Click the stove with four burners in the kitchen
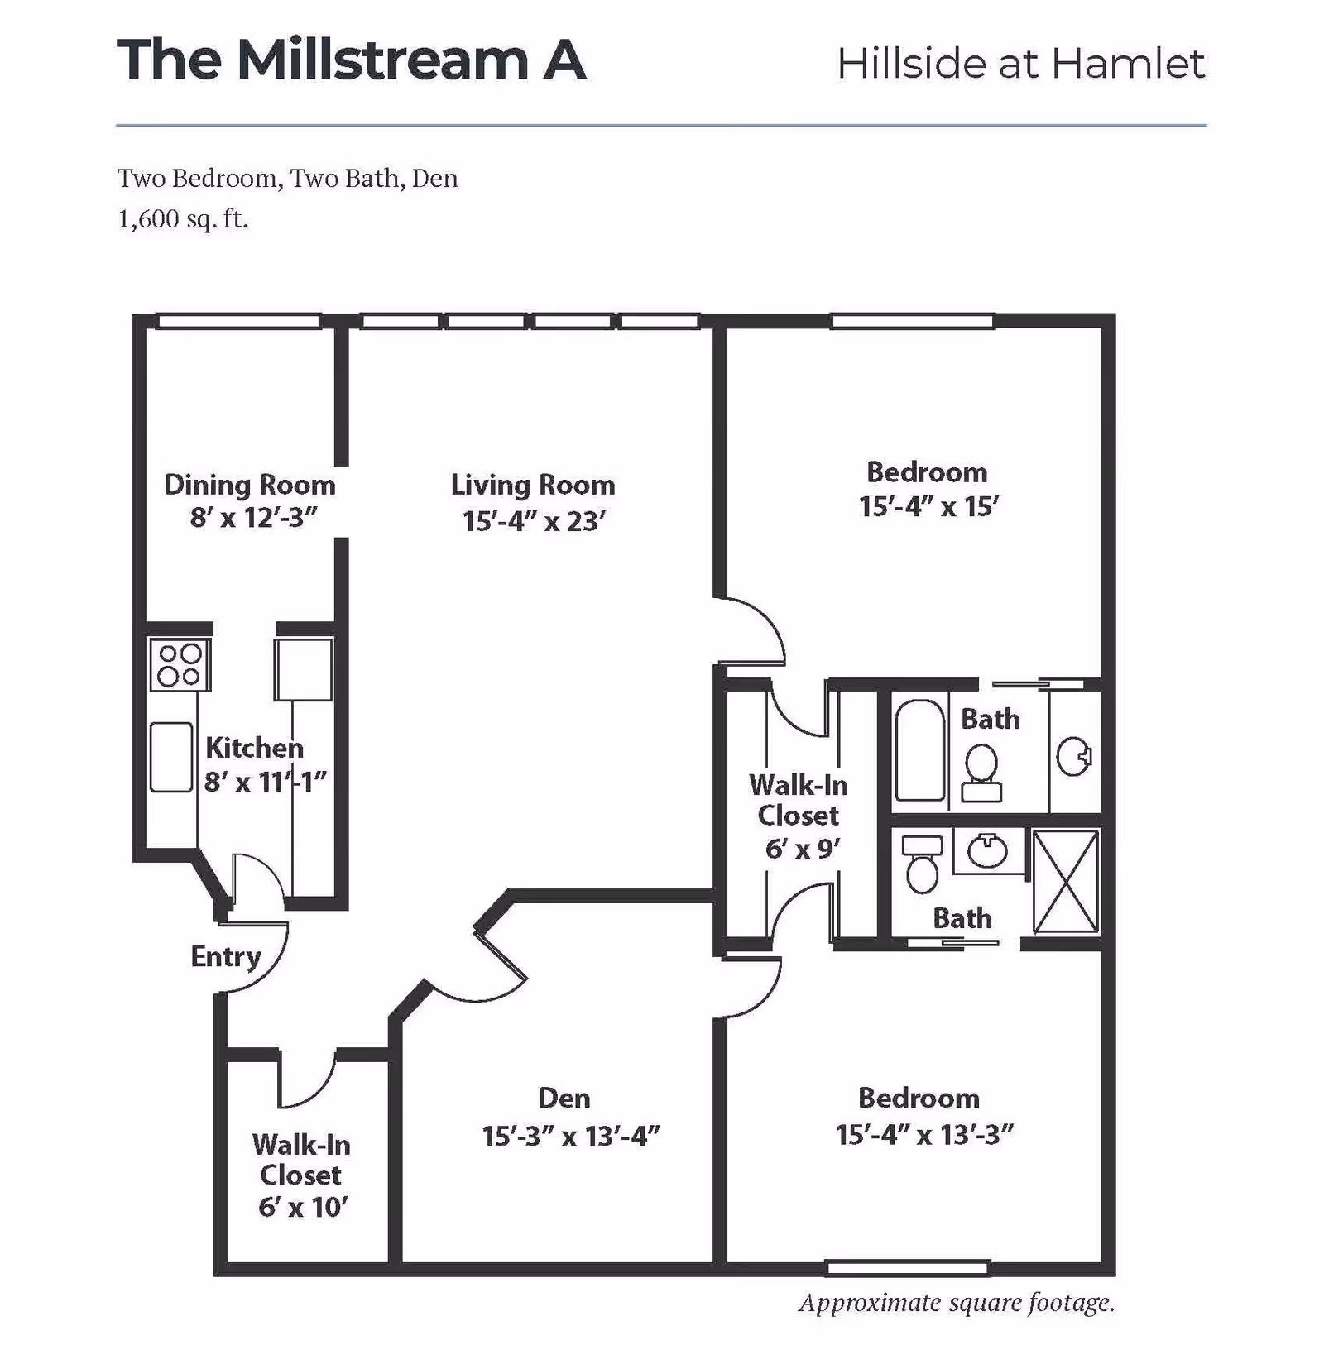click(180, 664)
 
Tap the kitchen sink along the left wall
click(171, 757)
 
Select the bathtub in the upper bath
click(919, 750)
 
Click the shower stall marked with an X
click(1066, 882)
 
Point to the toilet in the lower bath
click(922, 864)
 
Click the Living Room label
click(532, 485)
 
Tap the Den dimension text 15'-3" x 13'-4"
click(570, 1136)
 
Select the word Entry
click(225, 956)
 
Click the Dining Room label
click(249, 485)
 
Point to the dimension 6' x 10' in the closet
click(302, 1207)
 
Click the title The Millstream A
click(352, 60)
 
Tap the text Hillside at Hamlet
click(1020, 64)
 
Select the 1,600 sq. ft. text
click(183, 219)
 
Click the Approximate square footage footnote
click(956, 1303)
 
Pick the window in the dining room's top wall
click(238, 321)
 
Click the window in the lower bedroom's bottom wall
click(908, 1267)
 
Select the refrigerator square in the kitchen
click(304, 668)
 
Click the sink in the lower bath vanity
click(986, 851)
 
